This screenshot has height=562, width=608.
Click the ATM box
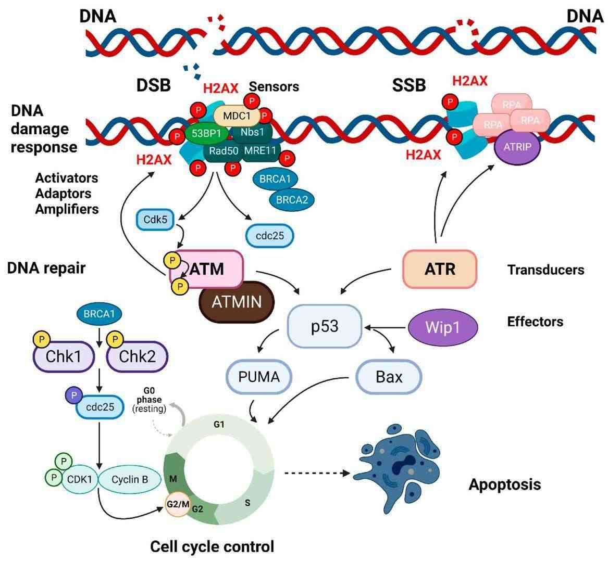click(208, 269)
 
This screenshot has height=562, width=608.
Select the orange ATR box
click(440, 269)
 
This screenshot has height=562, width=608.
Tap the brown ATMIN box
click(237, 301)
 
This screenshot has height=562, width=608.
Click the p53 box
click(325, 326)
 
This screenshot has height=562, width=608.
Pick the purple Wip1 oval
click(442, 328)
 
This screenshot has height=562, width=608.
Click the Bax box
click(389, 376)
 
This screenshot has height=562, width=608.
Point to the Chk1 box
click(64, 356)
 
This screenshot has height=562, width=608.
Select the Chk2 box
click(138, 356)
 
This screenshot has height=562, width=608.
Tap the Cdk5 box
click(155, 220)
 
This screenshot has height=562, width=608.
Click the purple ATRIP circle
click(517, 146)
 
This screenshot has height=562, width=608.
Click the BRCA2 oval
click(292, 199)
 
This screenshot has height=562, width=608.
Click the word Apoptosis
click(504, 484)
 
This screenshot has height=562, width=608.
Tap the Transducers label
click(545, 270)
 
